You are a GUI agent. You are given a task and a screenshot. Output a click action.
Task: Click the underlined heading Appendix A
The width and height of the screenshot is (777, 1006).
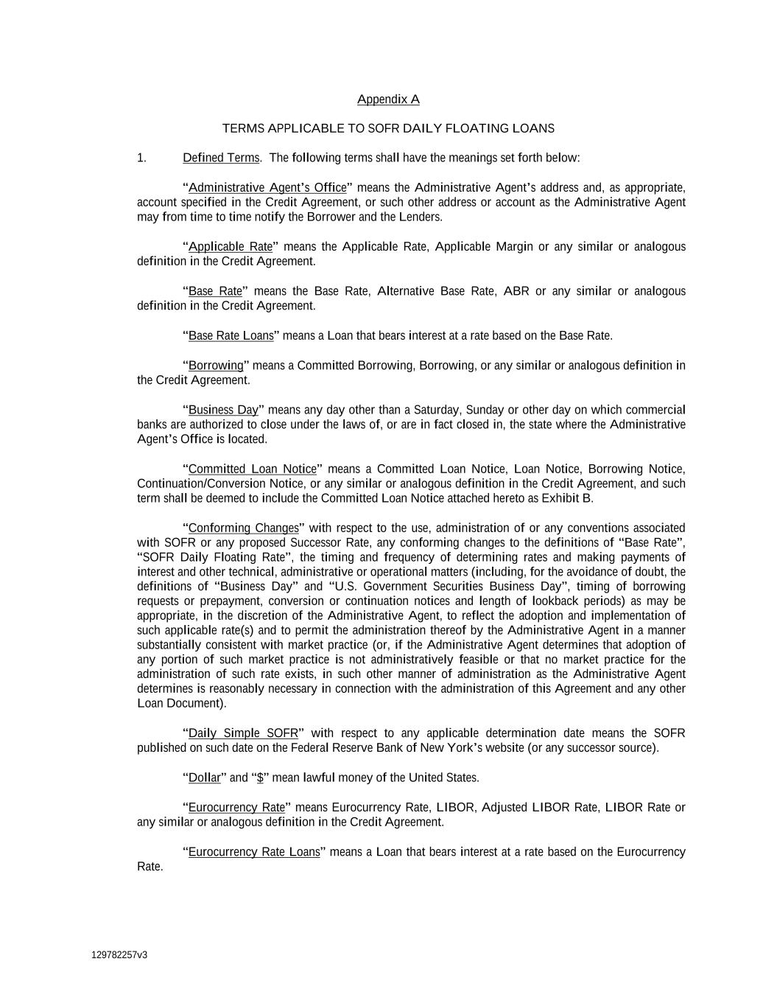[x=388, y=99]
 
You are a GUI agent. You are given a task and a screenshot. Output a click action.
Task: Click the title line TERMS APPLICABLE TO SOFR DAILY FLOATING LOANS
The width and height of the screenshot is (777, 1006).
[x=388, y=128]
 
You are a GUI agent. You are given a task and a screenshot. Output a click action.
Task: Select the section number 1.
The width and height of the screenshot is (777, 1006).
[x=141, y=158]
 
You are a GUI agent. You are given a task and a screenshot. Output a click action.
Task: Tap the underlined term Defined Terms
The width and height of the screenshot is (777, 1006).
[x=221, y=158]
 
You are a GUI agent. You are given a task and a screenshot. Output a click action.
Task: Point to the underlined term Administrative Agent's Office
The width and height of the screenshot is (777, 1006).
[x=267, y=187]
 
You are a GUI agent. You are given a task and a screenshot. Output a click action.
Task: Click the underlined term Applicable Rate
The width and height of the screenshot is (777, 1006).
[x=231, y=246]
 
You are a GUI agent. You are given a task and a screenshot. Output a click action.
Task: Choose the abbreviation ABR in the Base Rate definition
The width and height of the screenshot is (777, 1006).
[x=516, y=291]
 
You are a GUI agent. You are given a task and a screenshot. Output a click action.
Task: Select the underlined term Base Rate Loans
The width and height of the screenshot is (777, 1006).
[x=231, y=336]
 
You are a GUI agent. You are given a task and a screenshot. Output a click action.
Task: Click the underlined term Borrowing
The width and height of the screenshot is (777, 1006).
[x=216, y=366]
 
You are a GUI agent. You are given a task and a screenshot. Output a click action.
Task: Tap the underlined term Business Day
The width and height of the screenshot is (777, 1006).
[x=223, y=410]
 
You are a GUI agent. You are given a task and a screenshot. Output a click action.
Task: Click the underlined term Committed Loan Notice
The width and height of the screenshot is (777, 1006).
[x=253, y=469]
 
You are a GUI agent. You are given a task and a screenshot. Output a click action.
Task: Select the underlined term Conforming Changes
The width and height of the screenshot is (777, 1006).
[x=244, y=528]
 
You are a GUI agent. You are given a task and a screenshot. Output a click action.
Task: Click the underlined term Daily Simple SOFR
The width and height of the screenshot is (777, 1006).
[x=243, y=733]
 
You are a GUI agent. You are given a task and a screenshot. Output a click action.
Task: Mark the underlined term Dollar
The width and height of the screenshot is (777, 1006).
[x=205, y=778]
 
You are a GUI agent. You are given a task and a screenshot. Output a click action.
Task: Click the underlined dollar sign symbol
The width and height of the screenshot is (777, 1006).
[x=260, y=778]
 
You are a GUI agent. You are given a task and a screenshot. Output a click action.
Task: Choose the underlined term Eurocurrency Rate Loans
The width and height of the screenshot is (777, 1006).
[x=254, y=852]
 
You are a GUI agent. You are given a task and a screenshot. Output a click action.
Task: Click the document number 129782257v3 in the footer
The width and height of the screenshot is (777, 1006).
[x=119, y=955]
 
